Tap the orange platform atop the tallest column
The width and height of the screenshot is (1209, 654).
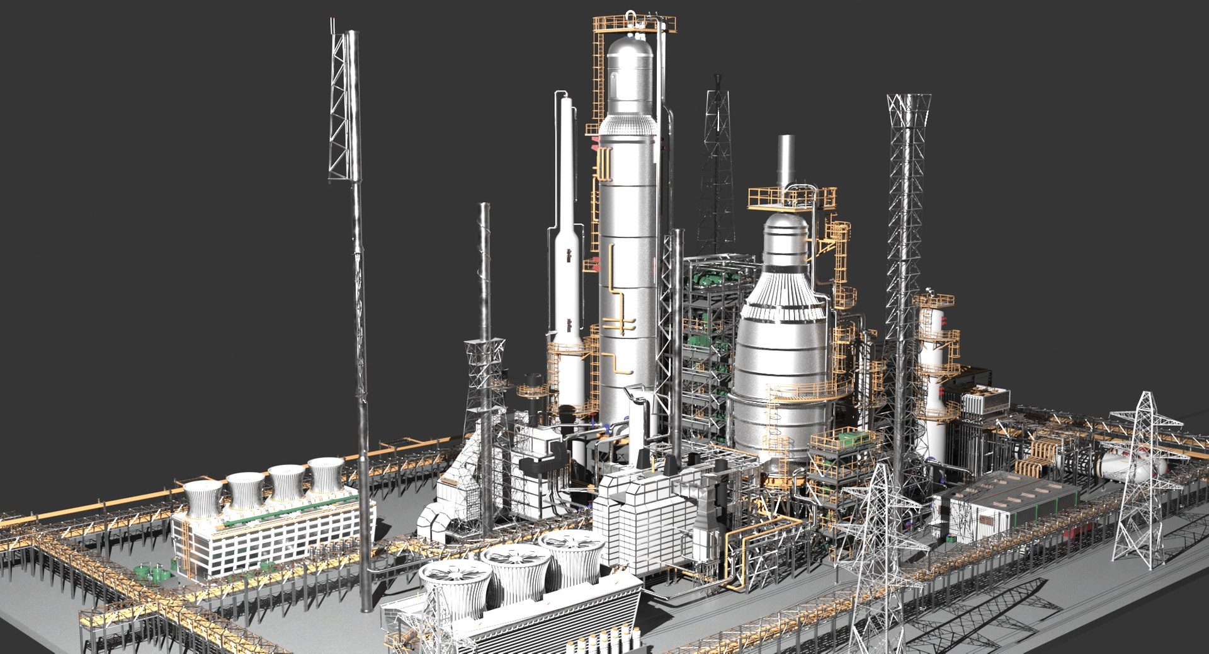pos(633,24)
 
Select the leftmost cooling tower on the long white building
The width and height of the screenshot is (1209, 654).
pos(203,498)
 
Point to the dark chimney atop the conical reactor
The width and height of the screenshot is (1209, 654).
pos(786,161)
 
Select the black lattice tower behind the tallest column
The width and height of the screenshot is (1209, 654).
pos(717,170)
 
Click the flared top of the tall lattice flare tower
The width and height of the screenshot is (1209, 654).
pos(909,110)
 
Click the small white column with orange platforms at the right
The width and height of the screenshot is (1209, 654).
pos(932,378)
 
